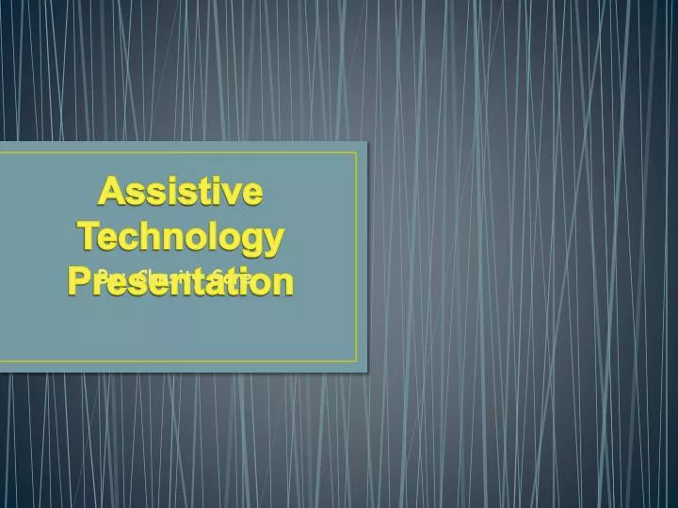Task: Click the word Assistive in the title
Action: click(x=180, y=193)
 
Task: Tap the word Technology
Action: click(x=180, y=236)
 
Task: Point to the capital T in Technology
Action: click(x=89, y=235)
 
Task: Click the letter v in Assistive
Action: click(x=230, y=195)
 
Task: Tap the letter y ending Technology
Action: click(x=272, y=241)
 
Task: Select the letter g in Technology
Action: click(x=250, y=241)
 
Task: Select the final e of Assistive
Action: click(x=250, y=195)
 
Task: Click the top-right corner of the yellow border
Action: click(x=357, y=152)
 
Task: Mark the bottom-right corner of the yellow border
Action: click(x=357, y=361)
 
